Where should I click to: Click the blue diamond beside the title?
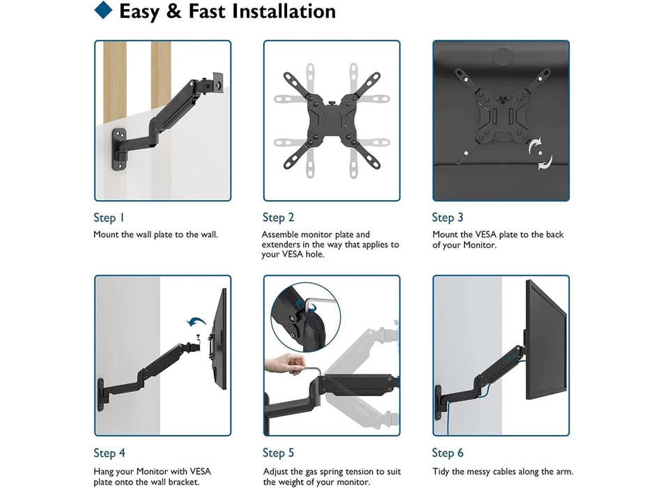click(x=103, y=10)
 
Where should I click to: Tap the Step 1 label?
click(x=109, y=218)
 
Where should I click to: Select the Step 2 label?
click(x=278, y=218)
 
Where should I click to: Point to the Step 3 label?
click(x=447, y=218)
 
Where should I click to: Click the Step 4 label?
click(x=109, y=453)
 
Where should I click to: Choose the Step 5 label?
click(x=278, y=453)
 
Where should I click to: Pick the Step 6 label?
click(x=447, y=453)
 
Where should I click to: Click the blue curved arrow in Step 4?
click(x=197, y=321)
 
